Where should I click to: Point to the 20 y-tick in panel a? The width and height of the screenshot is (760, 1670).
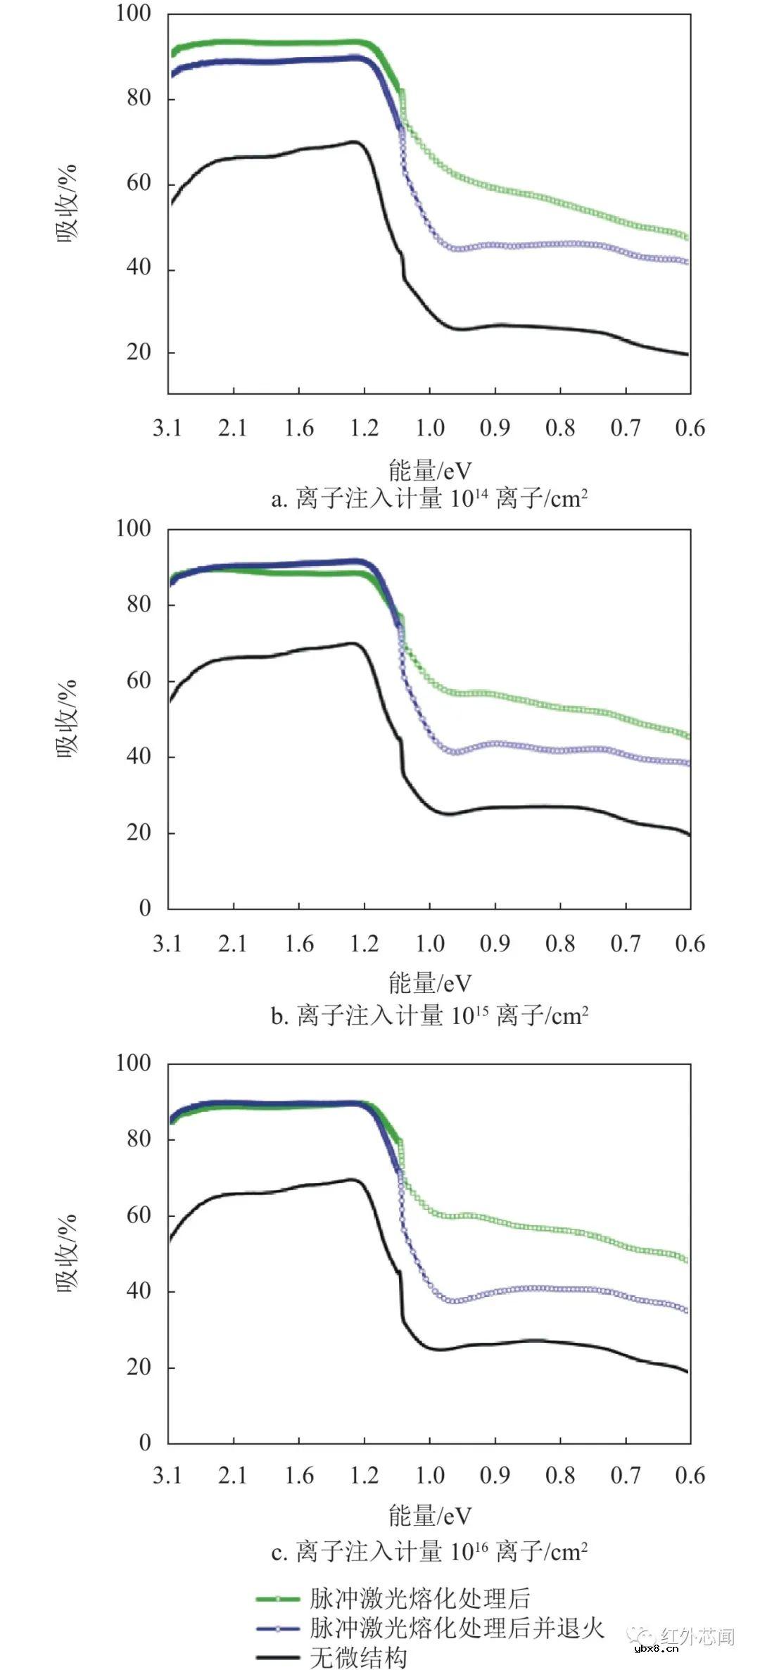[139, 352]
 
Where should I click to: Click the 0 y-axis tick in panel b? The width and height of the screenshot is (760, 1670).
[145, 908]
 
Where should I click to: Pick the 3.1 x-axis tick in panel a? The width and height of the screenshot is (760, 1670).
[167, 428]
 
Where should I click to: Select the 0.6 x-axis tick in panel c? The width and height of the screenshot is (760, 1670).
[690, 1475]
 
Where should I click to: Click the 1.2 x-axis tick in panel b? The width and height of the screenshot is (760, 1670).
[365, 944]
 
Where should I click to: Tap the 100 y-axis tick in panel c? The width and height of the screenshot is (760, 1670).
[134, 1063]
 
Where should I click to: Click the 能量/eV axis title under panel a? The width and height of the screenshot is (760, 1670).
[429, 470]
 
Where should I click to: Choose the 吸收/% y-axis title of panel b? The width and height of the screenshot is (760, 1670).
[67, 718]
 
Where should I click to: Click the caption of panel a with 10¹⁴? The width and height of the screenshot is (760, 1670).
[429, 499]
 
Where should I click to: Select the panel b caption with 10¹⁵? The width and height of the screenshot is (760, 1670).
[429, 1016]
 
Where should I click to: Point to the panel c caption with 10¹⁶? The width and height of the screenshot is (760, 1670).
[429, 1552]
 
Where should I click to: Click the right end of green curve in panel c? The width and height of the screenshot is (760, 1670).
[687, 1260]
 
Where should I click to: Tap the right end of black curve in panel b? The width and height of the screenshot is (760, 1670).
[688, 834]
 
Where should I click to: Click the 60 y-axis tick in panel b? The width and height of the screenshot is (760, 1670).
[139, 681]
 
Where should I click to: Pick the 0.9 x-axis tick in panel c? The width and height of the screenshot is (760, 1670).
[495, 1475]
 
